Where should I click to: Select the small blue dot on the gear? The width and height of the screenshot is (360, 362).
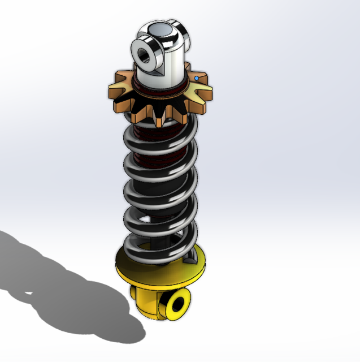[197, 78]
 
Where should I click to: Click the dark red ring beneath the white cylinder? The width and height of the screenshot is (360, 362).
[164, 90]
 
